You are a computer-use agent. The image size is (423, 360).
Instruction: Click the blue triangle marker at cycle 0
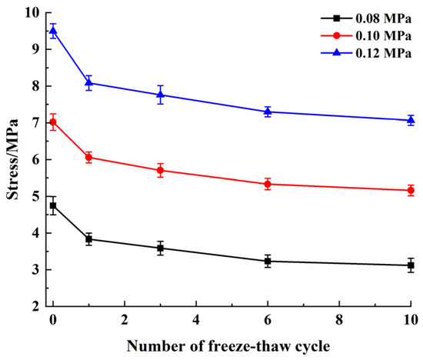click(53, 31)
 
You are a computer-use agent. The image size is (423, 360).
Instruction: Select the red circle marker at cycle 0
click(53, 122)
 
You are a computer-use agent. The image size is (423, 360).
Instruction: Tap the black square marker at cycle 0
click(53, 205)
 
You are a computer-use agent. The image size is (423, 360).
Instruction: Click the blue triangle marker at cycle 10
click(411, 120)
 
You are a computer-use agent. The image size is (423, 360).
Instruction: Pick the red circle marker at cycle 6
click(268, 184)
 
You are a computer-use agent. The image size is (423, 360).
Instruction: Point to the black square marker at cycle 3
click(160, 248)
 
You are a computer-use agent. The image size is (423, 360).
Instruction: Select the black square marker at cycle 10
click(411, 265)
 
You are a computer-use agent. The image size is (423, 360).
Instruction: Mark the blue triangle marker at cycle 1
click(88, 82)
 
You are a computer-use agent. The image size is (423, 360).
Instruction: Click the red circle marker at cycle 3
click(160, 170)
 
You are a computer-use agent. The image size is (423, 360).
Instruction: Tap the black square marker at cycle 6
click(268, 262)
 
